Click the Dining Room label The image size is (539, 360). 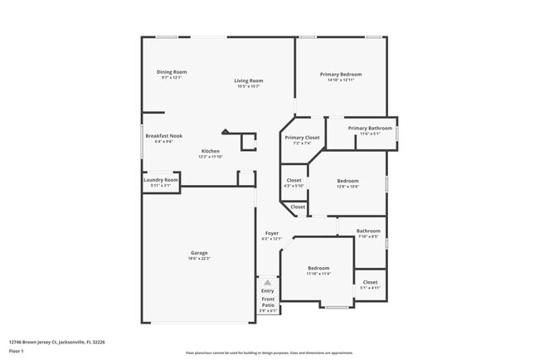point(172,72)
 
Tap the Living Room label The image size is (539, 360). point(249,80)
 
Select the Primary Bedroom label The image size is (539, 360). point(341,75)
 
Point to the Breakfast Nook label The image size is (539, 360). point(163,136)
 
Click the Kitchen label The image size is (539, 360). point(211,151)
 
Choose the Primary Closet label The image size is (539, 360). point(302,138)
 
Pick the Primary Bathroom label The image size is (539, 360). point(370,129)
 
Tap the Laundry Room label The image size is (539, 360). point(160,180)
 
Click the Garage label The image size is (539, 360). point(199,253)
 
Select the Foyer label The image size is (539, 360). point(272,234)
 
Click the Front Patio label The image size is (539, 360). point(268,303)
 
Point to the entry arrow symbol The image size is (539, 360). point(268,283)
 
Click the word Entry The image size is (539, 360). point(268,291)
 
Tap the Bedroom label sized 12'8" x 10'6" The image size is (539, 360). point(347,181)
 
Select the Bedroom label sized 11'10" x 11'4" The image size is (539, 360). point(318,268)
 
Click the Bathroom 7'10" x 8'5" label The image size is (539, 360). point(368,231)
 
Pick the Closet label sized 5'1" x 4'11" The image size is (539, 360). point(370,282)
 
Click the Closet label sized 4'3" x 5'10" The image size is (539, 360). point(294,180)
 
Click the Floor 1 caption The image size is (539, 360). point(17,351)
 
